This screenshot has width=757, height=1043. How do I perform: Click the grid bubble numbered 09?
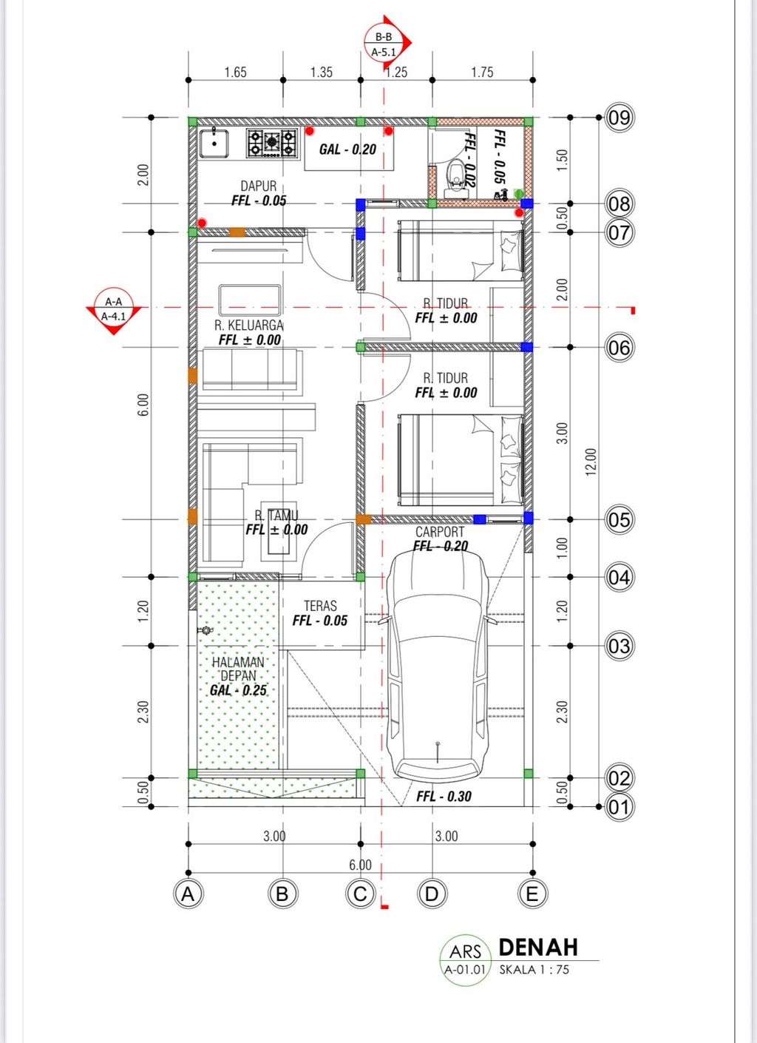[x=619, y=118]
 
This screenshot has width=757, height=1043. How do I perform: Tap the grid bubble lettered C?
[x=361, y=894]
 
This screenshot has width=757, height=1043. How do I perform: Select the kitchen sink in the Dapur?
[x=214, y=144]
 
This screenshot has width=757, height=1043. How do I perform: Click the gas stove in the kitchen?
[x=272, y=143]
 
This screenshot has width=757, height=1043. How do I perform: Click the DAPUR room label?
[x=258, y=186]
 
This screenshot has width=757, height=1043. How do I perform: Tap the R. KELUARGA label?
[x=249, y=325]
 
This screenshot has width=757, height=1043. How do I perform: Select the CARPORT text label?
[x=440, y=532]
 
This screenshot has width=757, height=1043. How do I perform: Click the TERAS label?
[x=320, y=606]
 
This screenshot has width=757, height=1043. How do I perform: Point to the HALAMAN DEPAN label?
[x=238, y=669]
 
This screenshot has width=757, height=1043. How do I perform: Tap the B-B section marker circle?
[x=384, y=44]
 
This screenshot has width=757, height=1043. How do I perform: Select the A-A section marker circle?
[x=114, y=308]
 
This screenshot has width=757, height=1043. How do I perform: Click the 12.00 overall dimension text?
[x=591, y=462]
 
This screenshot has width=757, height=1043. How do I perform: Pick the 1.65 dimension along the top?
[x=235, y=72]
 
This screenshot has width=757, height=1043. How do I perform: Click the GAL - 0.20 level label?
[x=347, y=149]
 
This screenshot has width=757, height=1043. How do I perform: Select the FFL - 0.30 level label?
[x=444, y=796]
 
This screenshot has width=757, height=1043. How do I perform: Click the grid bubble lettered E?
[x=532, y=894]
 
